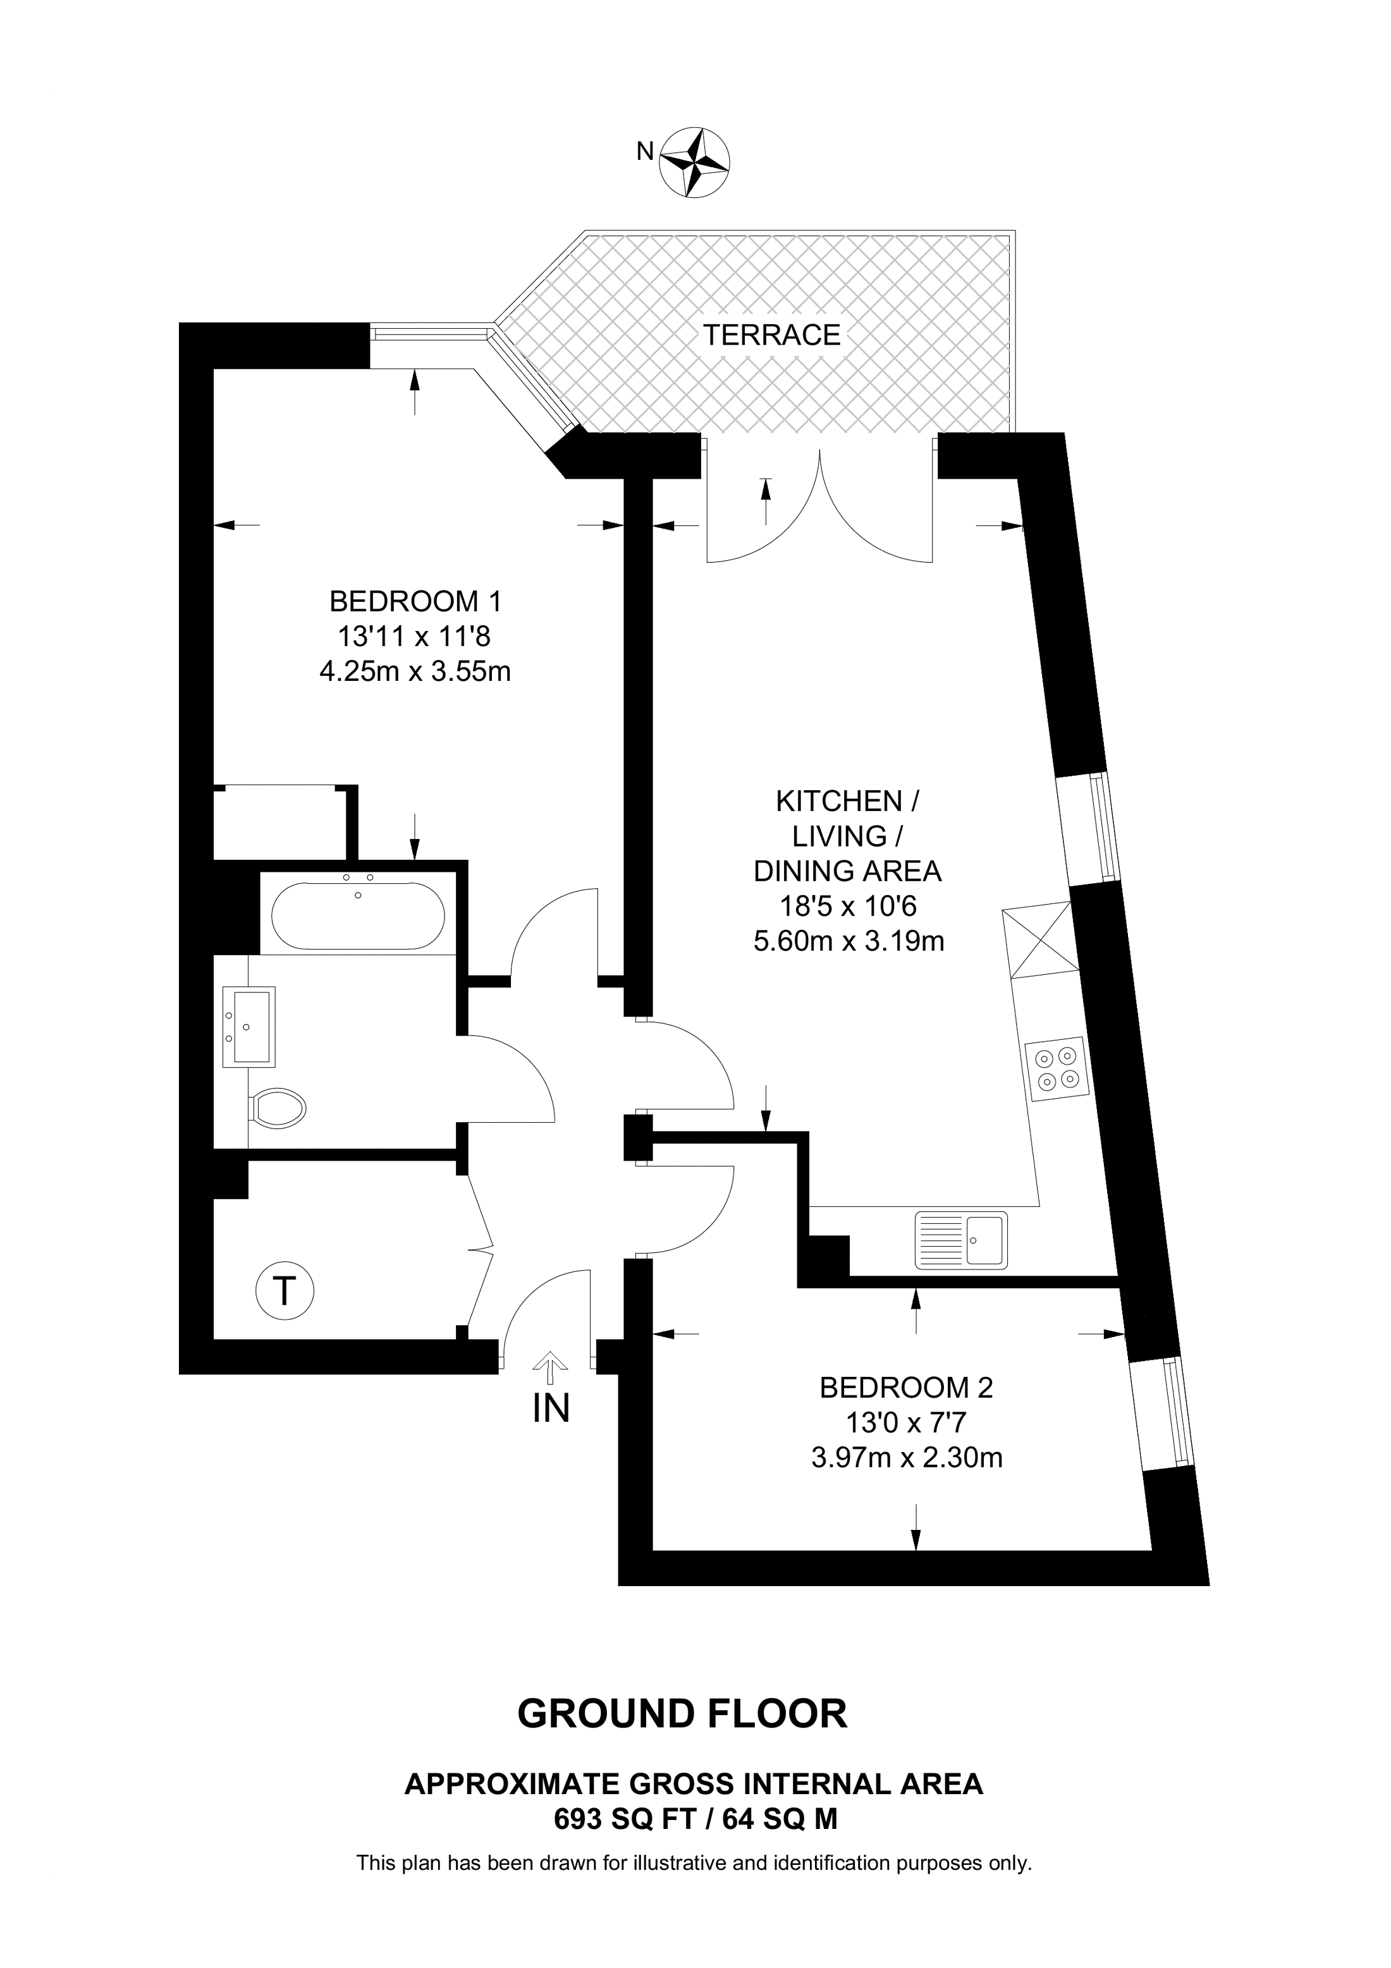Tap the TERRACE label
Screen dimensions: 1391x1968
pyautogui.click(x=771, y=335)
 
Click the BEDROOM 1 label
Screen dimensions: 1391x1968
pyautogui.click(x=415, y=602)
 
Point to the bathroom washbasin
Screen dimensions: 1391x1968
pyautogui.click(x=249, y=1026)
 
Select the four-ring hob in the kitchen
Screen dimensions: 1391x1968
pyautogui.click(x=1057, y=1069)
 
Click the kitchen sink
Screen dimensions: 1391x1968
pyautogui.click(x=962, y=1240)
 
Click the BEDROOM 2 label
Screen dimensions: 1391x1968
pyautogui.click(x=906, y=1388)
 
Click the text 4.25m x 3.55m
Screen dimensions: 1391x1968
pyautogui.click(x=415, y=671)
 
